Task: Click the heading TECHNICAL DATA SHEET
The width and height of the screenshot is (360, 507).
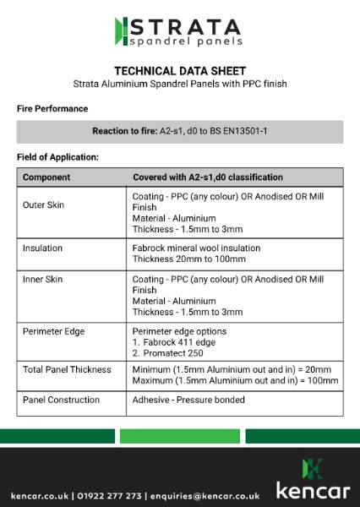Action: click(x=180, y=70)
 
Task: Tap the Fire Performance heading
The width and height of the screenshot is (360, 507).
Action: click(x=52, y=109)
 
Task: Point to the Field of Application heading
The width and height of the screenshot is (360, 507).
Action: click(x=57, y=157)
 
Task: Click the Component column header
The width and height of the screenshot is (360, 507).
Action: click(x=46, y=177)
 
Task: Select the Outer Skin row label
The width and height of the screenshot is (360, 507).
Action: click(x=44, y=205)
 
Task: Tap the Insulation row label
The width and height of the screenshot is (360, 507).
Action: click(x=42, y=248)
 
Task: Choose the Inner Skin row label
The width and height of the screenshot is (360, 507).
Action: click(x=43, y=279)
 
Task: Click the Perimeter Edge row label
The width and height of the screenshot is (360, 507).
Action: click(x=53, y=331)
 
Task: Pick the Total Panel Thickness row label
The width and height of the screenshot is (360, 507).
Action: click(x=67, y=370)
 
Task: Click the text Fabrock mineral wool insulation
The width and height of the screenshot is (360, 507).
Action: click(x=197, y=248)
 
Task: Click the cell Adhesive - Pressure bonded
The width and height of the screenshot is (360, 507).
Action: click(x=188, y=399)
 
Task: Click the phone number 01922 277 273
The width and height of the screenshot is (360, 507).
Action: click(x=111, y=495)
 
